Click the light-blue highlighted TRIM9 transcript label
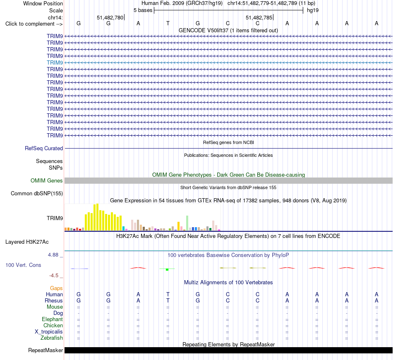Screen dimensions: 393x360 tap(55, 62)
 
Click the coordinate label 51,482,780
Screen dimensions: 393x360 tap(110, 17)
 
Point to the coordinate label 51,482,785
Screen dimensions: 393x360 tap(259, 17)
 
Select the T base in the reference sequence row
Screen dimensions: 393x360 tap(168, 23)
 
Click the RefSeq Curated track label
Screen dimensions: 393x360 tap(44, 149)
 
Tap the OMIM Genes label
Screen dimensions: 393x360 tap(47, 180)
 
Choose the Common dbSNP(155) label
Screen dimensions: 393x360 tap(37, 194)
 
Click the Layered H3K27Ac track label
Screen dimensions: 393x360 tap(27, 242)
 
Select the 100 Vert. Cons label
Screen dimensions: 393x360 tap(23, 265)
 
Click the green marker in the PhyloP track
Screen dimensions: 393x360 tap(167, 269)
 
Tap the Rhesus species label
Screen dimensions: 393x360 tap(54, 300)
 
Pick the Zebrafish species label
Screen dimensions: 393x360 tap(52, 338)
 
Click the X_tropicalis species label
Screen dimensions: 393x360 tap(49, 332)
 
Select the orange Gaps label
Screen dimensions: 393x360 tap(56, 288)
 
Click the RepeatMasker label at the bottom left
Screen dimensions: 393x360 tap(46, 350)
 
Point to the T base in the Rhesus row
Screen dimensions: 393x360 tap(168, 300)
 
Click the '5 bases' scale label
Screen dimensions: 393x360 tap(143, 10)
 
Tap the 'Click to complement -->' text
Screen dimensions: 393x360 tap(34, 24)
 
